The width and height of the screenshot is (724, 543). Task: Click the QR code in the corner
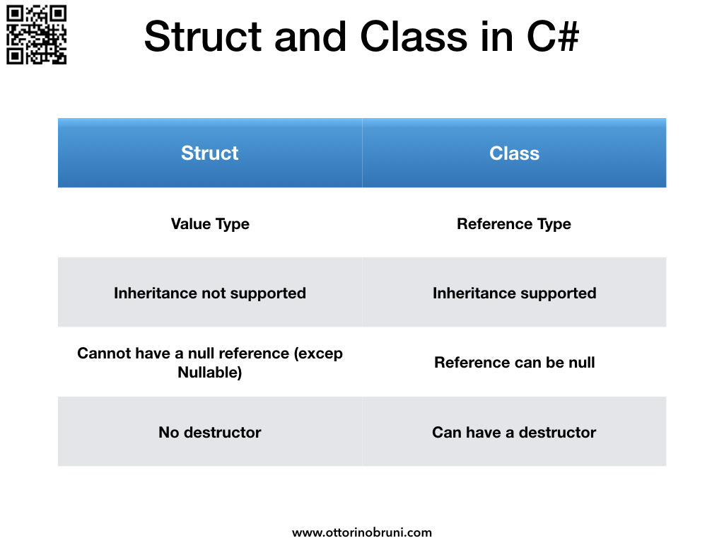36,35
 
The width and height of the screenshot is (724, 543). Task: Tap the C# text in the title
551,37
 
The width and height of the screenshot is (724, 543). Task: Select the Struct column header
210,153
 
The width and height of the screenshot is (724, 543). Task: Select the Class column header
514,153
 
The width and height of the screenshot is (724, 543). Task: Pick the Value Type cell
210,224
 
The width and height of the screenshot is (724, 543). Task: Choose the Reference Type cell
514,224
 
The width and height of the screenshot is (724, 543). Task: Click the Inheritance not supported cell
210,293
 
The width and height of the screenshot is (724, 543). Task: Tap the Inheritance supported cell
514,293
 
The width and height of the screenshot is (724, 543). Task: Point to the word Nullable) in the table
210,373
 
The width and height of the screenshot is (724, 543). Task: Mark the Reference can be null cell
514,363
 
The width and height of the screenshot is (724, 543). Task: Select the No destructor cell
210,432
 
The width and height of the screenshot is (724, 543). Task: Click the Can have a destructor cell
514,432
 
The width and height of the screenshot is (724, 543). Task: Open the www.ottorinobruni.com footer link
362,532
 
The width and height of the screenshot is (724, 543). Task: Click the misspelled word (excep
320,354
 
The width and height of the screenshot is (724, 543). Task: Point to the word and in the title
308,37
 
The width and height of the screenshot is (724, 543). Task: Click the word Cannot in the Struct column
100,354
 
